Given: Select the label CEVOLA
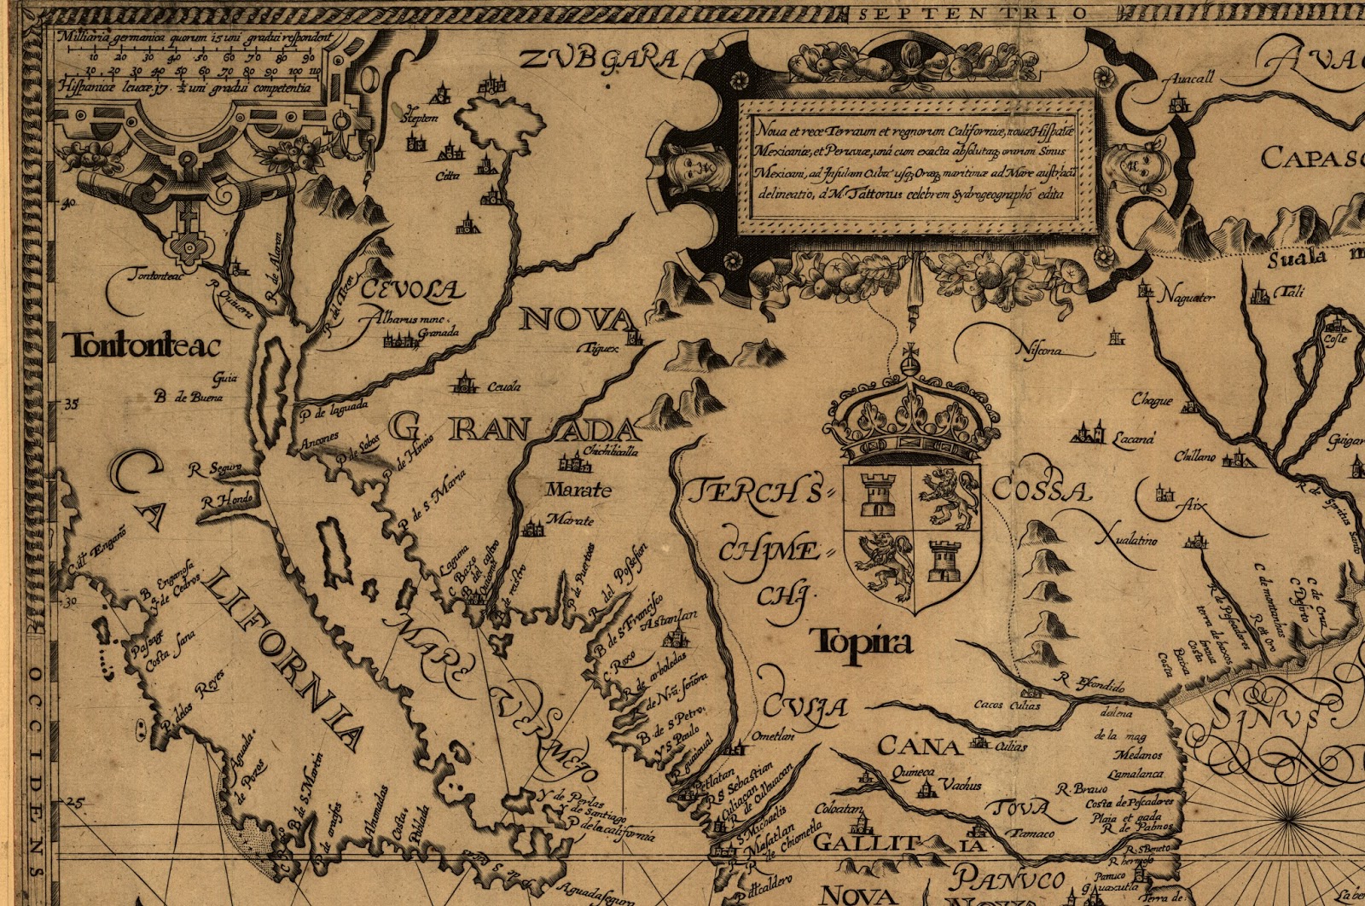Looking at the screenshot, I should tap(413, 290).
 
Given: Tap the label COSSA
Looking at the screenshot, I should tap(1042, 491).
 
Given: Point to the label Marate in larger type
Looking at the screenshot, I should tap(579, 491).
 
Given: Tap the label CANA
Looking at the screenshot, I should tap(919, 747).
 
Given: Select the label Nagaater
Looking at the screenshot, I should tap(1186, 297).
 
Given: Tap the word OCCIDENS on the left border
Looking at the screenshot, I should tap(36, 768).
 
